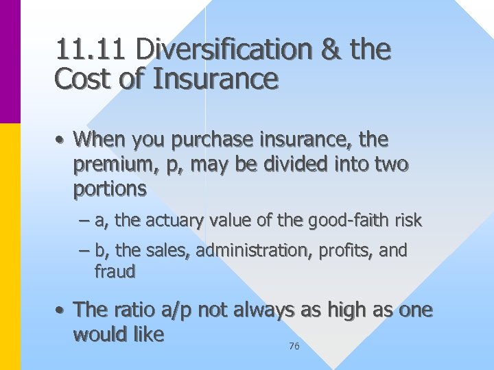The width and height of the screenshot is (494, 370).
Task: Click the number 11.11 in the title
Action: click(91, 49)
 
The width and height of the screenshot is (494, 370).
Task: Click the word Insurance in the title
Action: click(216, 80)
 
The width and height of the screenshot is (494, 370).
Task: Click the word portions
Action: click(110, 189)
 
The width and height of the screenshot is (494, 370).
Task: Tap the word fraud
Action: click(115, 271)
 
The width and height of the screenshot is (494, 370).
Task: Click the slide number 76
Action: click(294, 347)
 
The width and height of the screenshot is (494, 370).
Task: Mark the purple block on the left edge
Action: click(10, 62)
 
